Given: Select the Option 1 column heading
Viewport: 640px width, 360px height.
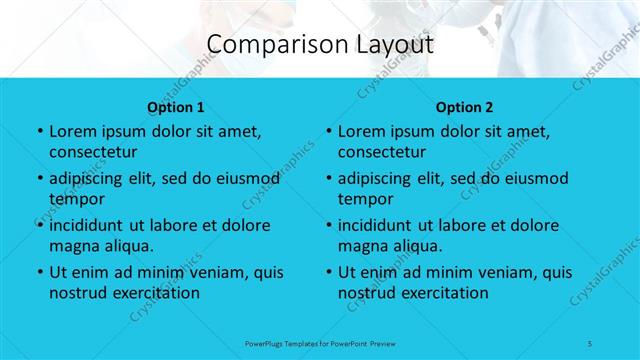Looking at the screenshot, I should click(x=175, y=107).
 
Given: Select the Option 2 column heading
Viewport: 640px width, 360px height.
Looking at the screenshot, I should click(x=465, y=107).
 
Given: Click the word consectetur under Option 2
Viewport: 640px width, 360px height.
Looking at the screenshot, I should click(x=382, y=152).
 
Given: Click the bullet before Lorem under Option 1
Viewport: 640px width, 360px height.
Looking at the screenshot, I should click(x=38, y=132).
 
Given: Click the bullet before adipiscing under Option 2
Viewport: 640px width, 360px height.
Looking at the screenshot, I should click(x=328, y=179).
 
